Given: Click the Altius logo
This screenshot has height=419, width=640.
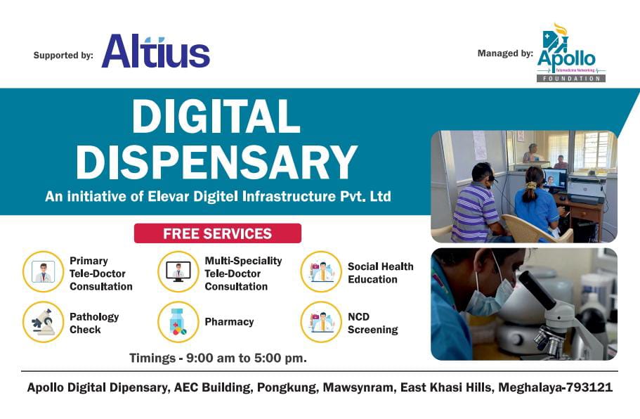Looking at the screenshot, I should (x=155, y=53).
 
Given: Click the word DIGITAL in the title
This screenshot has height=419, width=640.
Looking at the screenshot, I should (x=216, y=117).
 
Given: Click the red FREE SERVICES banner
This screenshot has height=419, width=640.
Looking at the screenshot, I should (x=217, y=233).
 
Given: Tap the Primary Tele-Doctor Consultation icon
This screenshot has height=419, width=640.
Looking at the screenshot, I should (x=44, y=272).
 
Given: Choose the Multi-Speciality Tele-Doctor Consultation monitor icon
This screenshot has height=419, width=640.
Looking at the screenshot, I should (x=178, y=272).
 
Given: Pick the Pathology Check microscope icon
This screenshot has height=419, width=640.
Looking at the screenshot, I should (x=44, y=322).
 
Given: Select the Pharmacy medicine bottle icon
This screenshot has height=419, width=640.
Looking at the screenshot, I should (x=178, y=322).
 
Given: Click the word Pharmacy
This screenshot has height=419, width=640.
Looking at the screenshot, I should (x=229, y=322).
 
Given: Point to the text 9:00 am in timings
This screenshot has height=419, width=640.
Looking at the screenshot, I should (x=209, y=358).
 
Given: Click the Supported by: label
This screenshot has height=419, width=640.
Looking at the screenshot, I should (x=63, y=55).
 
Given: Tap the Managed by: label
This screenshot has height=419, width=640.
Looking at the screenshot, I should (x=505, y=53).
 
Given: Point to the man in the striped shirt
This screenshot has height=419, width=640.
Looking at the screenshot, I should (x=478, y=207).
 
